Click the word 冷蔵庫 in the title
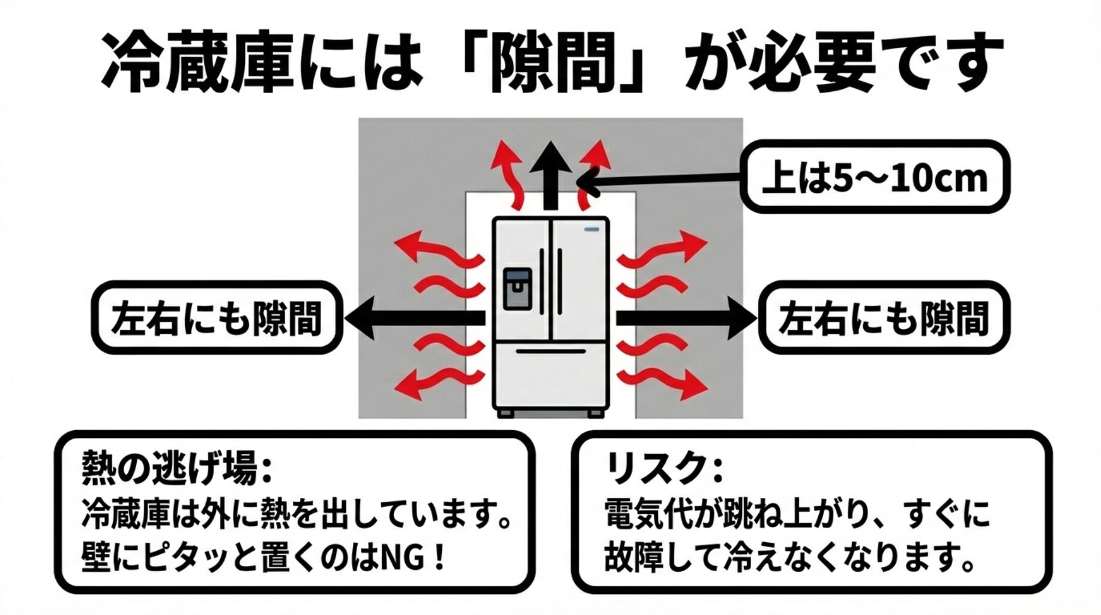(198, 62)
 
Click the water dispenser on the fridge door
(517, 289)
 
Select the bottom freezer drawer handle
(550, 350)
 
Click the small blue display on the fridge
(593, 229)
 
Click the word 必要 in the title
(811, 62)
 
